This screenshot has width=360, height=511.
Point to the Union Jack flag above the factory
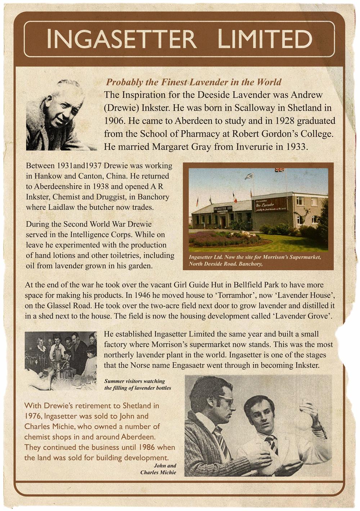[x=279, y=170]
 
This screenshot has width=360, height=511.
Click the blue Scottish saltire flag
[x=248, y=176]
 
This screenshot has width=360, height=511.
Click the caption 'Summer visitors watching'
[x=134, y=381]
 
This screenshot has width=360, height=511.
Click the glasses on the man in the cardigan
[x=225, y=399]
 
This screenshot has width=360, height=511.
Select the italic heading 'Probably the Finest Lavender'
[x=193, y=82]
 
